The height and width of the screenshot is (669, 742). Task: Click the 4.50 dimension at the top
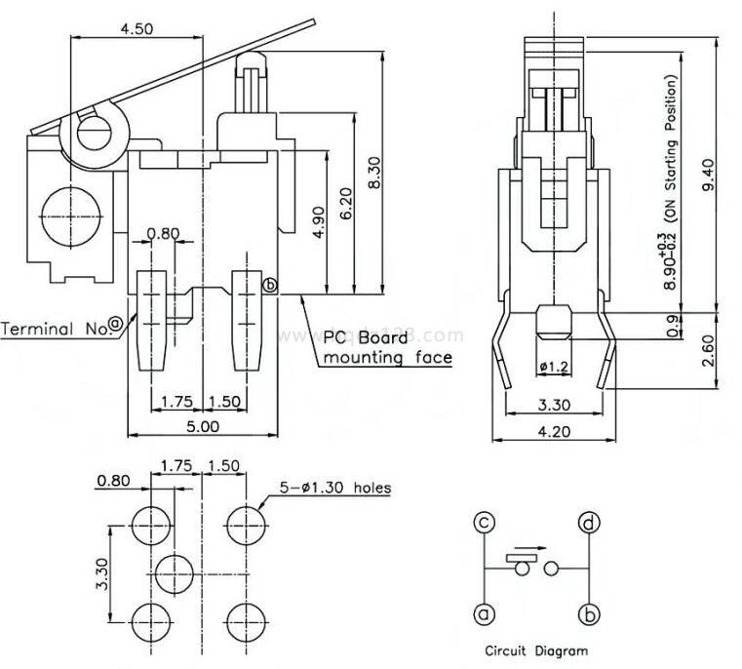click(136, 28)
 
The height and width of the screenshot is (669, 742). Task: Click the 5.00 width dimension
click(204, 426)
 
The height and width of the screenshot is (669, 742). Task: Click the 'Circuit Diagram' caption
click(535, 649)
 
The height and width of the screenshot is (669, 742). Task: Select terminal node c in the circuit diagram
click(485, 524)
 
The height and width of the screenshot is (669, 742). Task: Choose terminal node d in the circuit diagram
click(588, 524)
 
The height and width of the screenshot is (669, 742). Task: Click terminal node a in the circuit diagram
click(485, 614)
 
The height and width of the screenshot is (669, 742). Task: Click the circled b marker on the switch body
click(270, 286)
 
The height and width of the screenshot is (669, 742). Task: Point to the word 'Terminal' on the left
click(39, 329)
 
